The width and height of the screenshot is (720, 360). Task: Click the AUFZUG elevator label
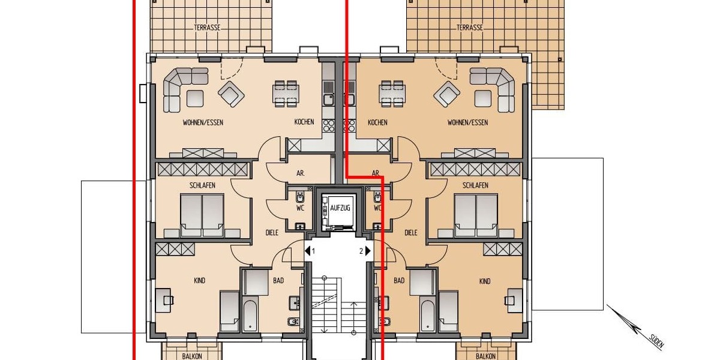tap(340, 208)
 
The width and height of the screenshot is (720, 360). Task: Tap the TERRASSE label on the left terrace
tap(207, 28)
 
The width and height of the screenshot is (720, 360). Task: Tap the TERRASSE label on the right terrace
tap(469, 28)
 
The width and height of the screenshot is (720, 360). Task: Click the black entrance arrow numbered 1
tap(308, 251)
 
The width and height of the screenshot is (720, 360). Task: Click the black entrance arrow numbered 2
tap(369, 251)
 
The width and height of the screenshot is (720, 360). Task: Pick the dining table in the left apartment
tap(286, 94)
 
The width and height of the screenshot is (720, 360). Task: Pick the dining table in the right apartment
tap(391, 94)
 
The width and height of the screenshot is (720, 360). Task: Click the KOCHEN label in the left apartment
tap(304, 122)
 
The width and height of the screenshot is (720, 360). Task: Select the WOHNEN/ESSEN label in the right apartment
tap(467, 122)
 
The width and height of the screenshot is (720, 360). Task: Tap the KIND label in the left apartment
tap(200, 281)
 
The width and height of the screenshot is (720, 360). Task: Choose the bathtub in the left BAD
tap(250, 316)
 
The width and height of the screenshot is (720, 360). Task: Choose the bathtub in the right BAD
tap(427, 316)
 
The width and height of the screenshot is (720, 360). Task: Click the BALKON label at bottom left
tap(192, 356)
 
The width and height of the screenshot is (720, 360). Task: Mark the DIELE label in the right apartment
tap(411, 233)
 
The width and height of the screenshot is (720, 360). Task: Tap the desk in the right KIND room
tap(514, 299)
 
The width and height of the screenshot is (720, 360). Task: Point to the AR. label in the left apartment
tap(301, 173)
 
